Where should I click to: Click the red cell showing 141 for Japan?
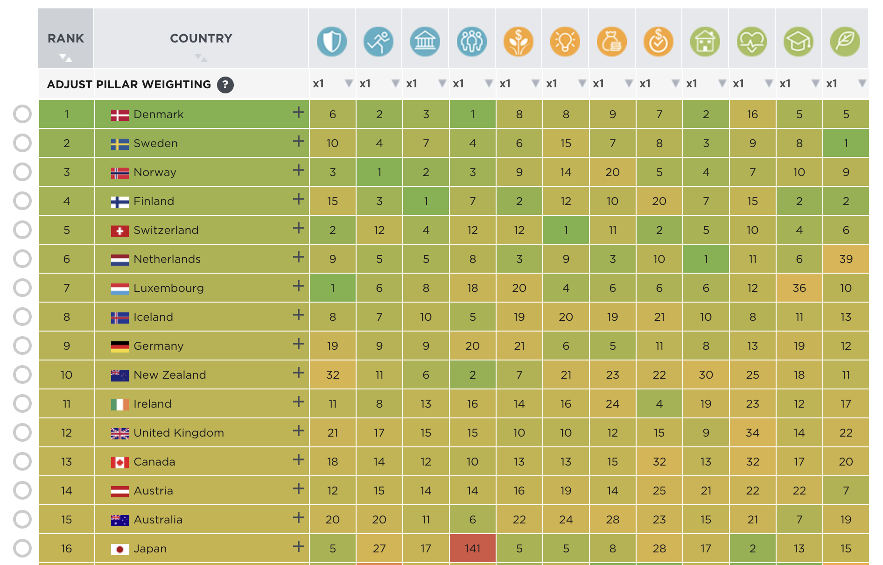pos(472,548)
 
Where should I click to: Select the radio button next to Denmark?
pos(22,114)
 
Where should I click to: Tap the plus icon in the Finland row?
pos(298,199)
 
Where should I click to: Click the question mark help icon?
pos(225,85)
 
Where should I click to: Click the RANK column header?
pos(66,39)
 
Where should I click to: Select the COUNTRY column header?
pos(201,39)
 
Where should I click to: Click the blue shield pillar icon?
pos(332,42)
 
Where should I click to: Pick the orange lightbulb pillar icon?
pos(565,42)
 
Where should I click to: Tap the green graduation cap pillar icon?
pos(799,42)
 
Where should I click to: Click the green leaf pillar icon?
pos(845,42)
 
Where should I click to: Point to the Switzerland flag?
pos(119,231)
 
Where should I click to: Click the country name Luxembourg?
pos(168,288)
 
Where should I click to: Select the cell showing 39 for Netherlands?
pos(846,259)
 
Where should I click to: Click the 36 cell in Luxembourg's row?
pos(799,288)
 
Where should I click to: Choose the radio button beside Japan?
pos(22,548)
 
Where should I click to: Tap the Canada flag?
pos(119,462)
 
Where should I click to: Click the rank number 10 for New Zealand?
pos(66,375)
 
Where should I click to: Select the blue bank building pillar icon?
pos(425,42)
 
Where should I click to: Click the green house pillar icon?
pos(705,42)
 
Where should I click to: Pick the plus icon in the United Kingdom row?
pos(298,431)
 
